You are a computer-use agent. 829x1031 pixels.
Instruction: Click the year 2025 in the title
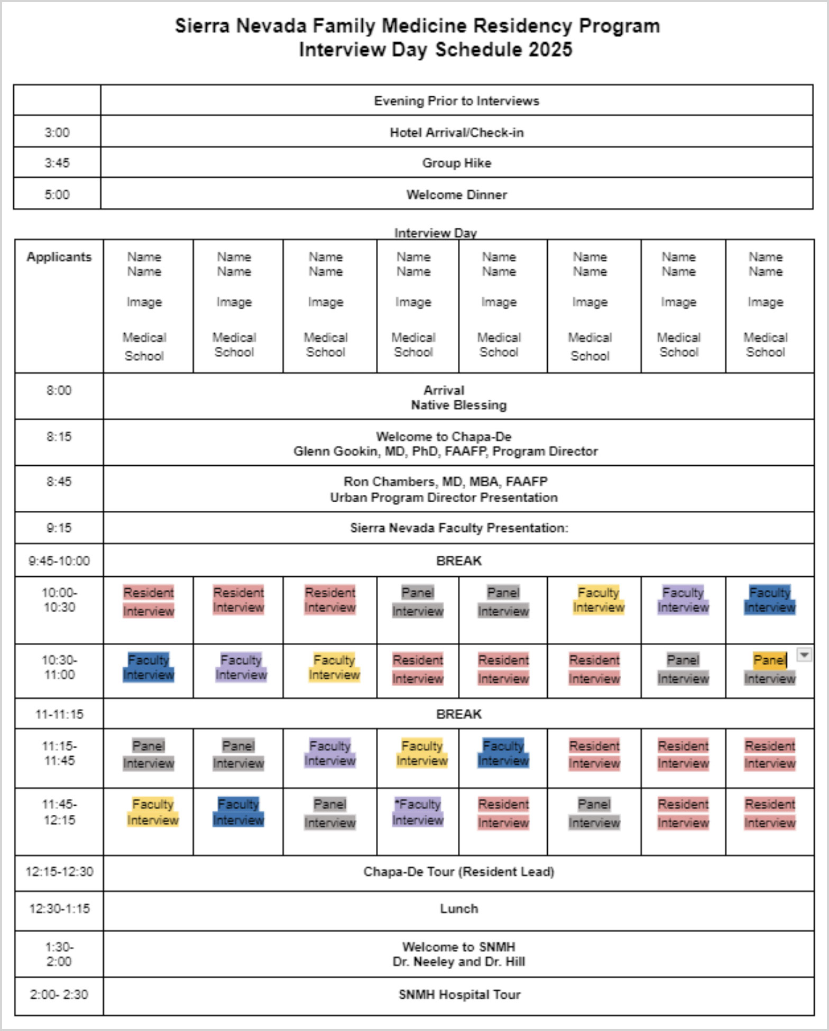point(550,50)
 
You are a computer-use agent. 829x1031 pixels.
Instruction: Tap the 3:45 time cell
point(57,163)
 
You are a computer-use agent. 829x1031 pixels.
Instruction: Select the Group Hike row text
point(456,163)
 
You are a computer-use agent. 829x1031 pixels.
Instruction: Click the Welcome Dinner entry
point(456,195)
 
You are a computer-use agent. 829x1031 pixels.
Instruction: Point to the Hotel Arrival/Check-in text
point(456,133)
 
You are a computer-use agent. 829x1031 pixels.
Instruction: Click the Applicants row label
point(59,257)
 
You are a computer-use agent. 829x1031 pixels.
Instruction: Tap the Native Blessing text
point(458,406)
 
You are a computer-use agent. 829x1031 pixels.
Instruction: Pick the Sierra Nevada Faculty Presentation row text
point(458,528)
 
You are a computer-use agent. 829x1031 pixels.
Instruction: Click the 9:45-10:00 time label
point(59,561)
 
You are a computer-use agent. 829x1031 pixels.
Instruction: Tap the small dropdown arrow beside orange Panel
point(804,655)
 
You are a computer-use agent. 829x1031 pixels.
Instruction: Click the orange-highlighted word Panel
point(769,660)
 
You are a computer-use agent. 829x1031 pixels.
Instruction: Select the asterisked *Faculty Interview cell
point(418,812)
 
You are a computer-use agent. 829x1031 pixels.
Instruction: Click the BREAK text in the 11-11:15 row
point(458,714)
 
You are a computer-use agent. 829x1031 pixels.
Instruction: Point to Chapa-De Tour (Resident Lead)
point(458,872)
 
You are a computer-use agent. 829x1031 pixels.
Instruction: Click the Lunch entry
point(458,909)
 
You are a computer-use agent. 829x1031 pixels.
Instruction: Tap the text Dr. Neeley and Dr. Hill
point(458,962)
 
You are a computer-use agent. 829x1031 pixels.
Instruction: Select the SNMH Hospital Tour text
point(459,995)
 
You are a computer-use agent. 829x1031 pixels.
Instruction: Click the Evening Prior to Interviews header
point(456,101)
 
